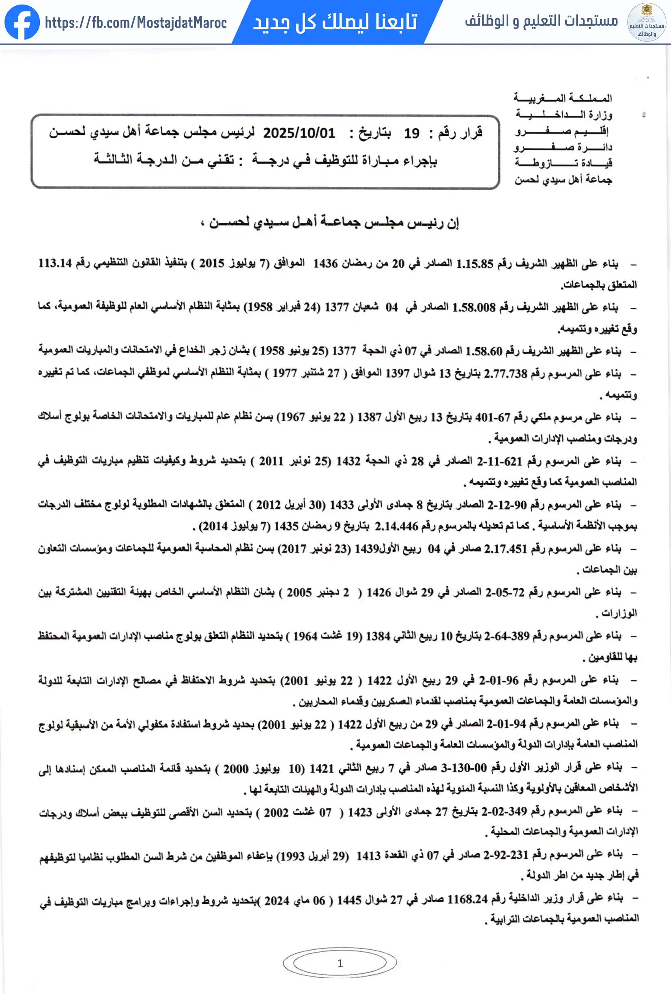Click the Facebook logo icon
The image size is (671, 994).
pos(22,22)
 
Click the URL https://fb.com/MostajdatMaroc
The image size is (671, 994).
pos(135,23)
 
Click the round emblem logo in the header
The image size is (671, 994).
pos(646,22)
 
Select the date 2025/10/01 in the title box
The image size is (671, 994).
pos(299,133)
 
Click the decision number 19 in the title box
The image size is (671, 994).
pos(412,134)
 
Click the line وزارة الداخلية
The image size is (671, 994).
pos(564,114)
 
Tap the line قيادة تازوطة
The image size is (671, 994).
pos(563,163)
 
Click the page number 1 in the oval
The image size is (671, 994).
pos(340,963)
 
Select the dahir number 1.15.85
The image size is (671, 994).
pos(474,264)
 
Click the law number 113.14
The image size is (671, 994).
pos(55,263)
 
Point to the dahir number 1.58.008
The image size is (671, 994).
pos(473,307)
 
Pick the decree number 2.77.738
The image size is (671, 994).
pos(505,374)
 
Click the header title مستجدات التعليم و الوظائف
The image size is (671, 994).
pos(541,21)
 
